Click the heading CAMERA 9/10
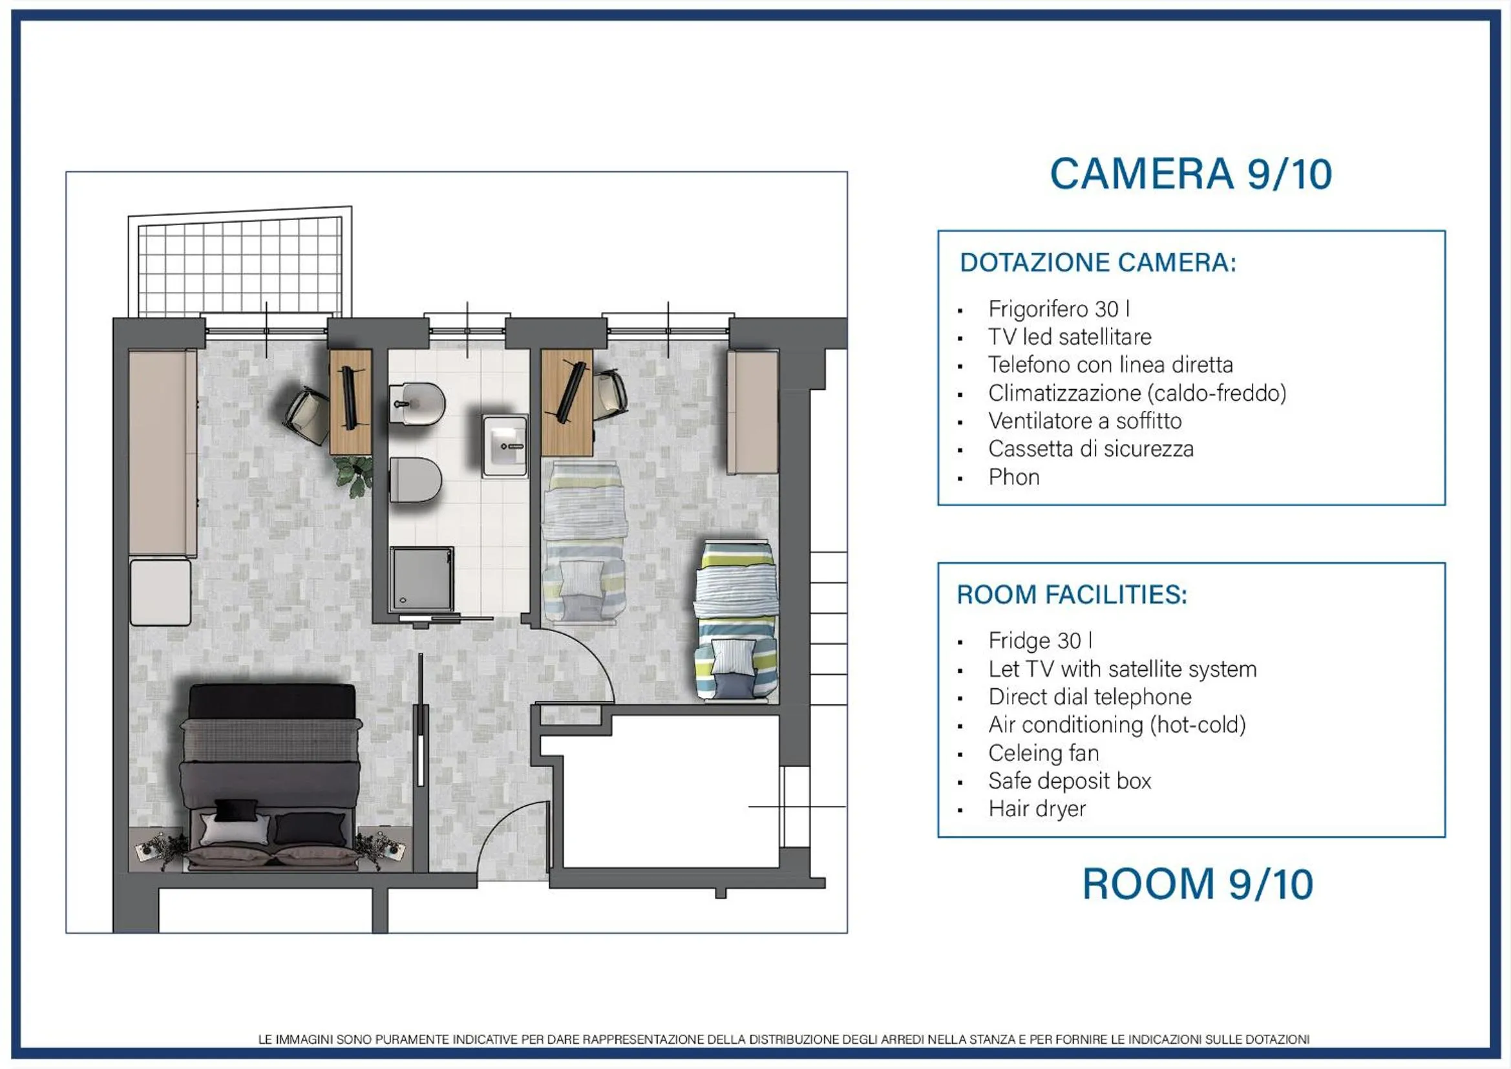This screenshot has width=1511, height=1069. (x=1190, y=175)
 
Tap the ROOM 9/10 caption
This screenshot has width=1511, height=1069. (x=1198, y=884)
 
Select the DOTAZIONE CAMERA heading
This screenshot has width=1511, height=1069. (x=1098, y=262)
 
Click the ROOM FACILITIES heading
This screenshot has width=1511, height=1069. (x=1072, y=595)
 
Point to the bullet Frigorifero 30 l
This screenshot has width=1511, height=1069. (x=1059, y=309)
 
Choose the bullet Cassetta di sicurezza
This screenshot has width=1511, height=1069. (x=1090, y=449)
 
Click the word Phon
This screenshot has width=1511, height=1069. (x=1013, y=476)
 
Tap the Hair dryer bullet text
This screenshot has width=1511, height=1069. (x=1037, y=809)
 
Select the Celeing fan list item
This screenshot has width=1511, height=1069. (x=1044, y=752)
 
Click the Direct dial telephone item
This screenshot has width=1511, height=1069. (x=1090, y=697)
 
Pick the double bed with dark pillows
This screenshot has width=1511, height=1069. (x=271, y=777)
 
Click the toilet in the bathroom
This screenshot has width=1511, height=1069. (x=415, y=479)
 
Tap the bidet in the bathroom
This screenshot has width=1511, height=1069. (x=417, y=403)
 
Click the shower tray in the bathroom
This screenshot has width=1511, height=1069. (x=421, y=579)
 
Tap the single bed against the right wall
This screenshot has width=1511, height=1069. (x=735, y=620)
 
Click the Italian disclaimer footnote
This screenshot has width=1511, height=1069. (x=784, y=1039)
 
